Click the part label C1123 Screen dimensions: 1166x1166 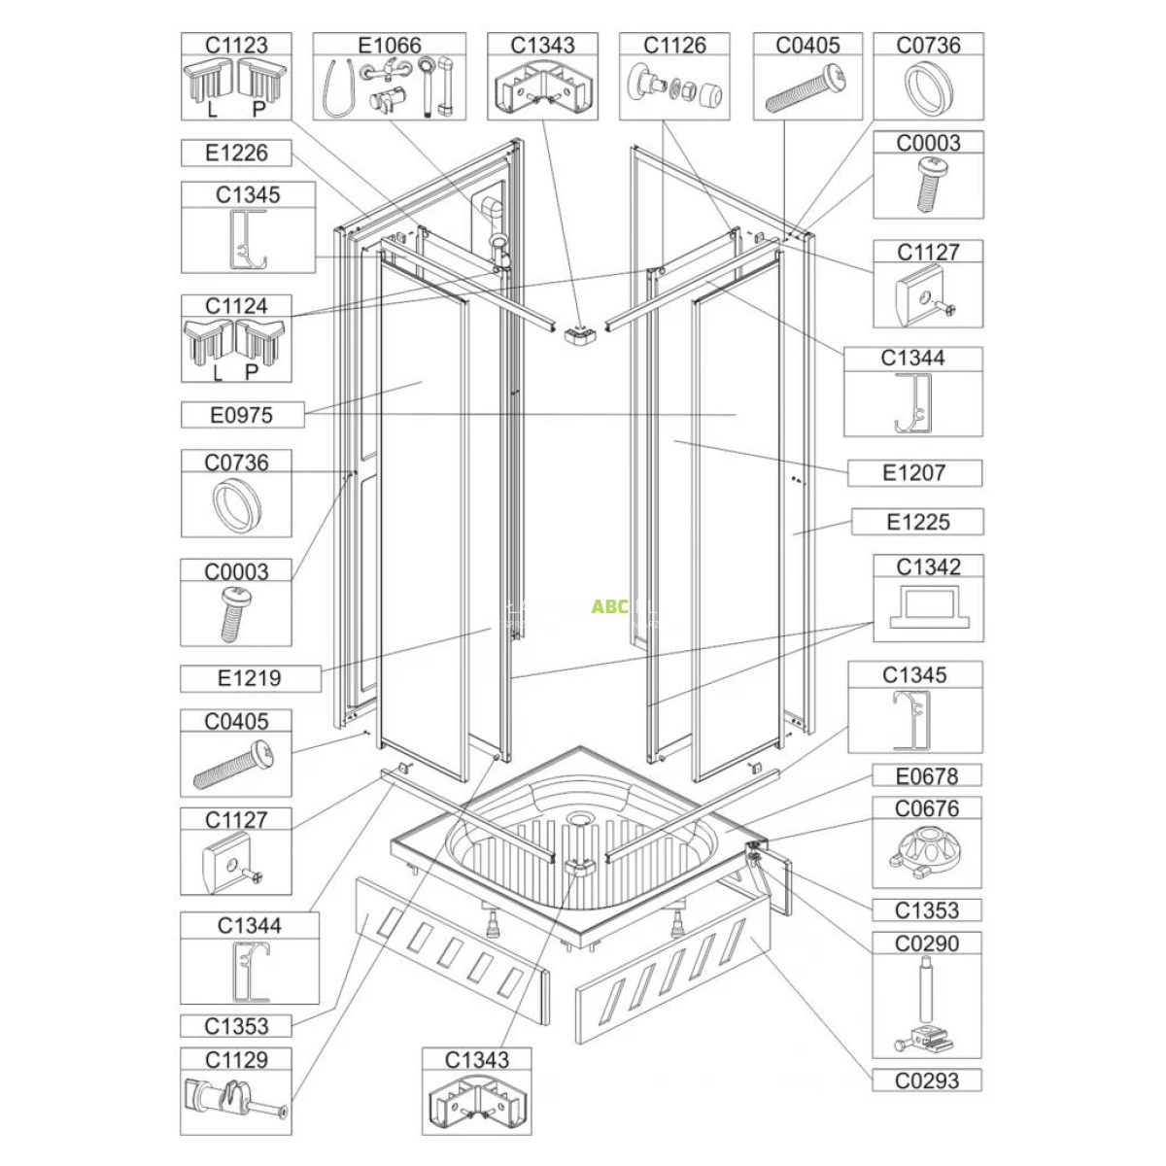pos(236,45)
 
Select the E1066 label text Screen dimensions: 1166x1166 pos(389,45)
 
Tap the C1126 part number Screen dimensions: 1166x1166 pos(674,45)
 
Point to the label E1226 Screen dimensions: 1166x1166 pos(236,154)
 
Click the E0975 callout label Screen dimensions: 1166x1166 pos(241,415)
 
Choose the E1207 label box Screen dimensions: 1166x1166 pos(913,472)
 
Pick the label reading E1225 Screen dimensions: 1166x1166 pos(918,522)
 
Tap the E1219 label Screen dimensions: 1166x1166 pos(250,678)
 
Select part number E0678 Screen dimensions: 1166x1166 pos(927,776)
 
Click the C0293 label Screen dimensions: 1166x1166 pos(927,1080)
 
